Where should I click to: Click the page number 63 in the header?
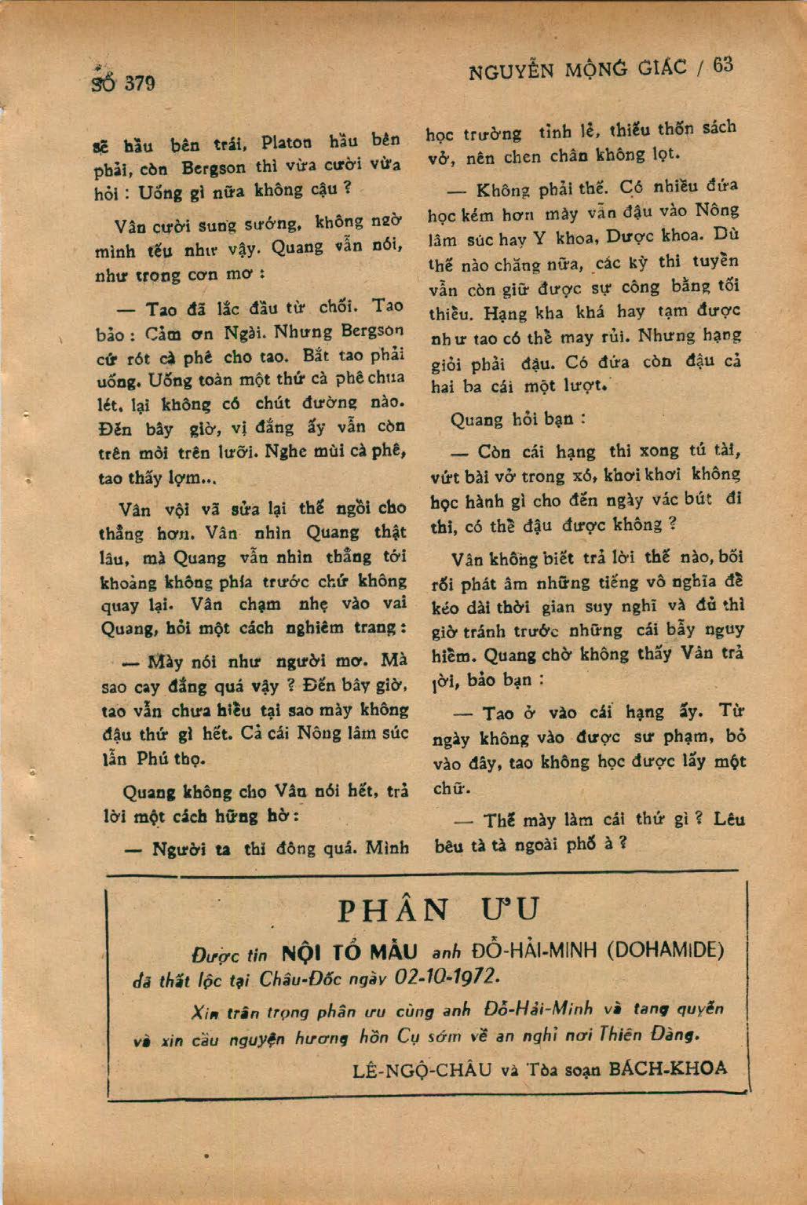click(723, 65)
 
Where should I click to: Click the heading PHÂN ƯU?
click(440, 910)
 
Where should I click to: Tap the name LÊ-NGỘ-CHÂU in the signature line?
click(422, 1068)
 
